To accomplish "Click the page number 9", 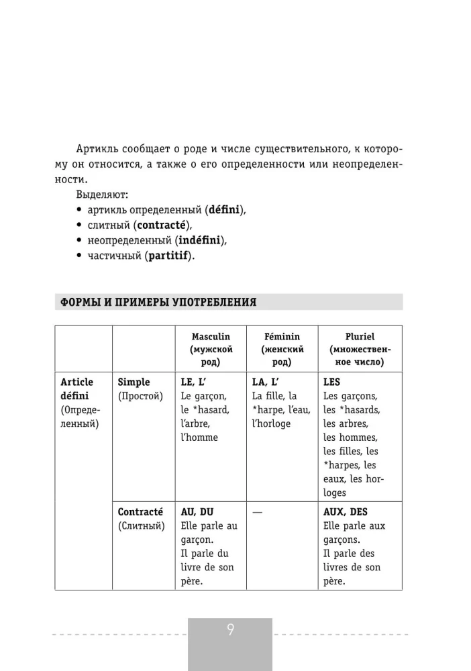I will pyautogui.click(x=230, y=630).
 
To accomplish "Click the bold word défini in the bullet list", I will pyautogui.click(x=225, y=209).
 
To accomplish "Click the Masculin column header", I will pyautogui.click(x=210, y=336).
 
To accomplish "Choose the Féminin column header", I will pyautogui.click(x=282, y=336).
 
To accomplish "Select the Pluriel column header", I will pyautogui.click(x=360, y=336).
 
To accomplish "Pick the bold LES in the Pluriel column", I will pyautogui.click(x=332, y=382).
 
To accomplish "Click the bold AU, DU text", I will pyautogui.click(x=197, y=511).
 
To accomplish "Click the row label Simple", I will pyautogui.click(x=134, y=382).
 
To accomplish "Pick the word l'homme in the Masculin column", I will pyautogui.click(x=199, y=437).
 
